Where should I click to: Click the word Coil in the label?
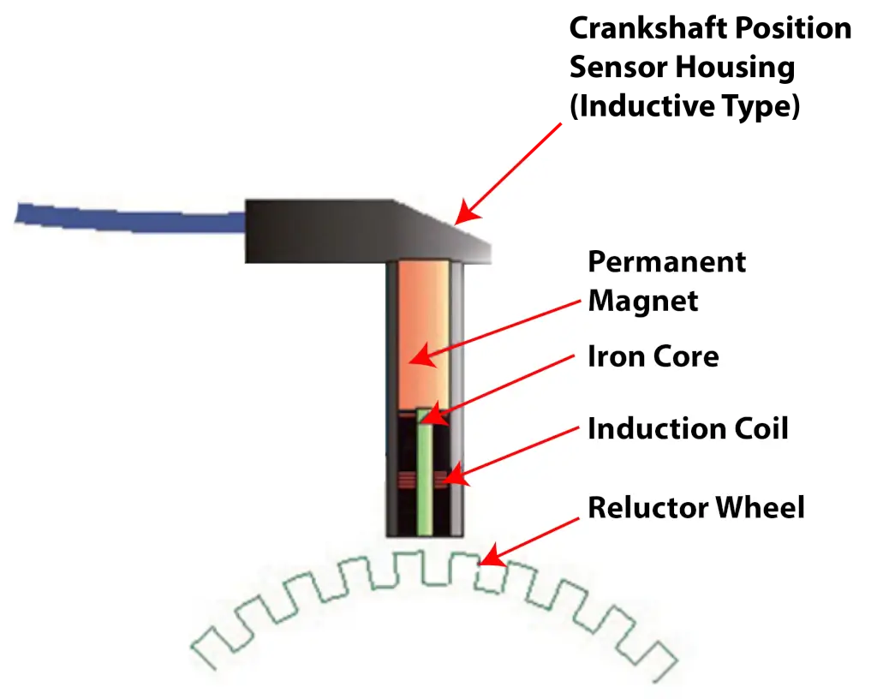click(x=759, y=428)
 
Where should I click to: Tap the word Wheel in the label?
click(x=761, y=508)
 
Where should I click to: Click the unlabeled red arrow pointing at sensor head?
click(x=510, y=171)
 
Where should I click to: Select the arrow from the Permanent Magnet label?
click(x=497, y=330)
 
